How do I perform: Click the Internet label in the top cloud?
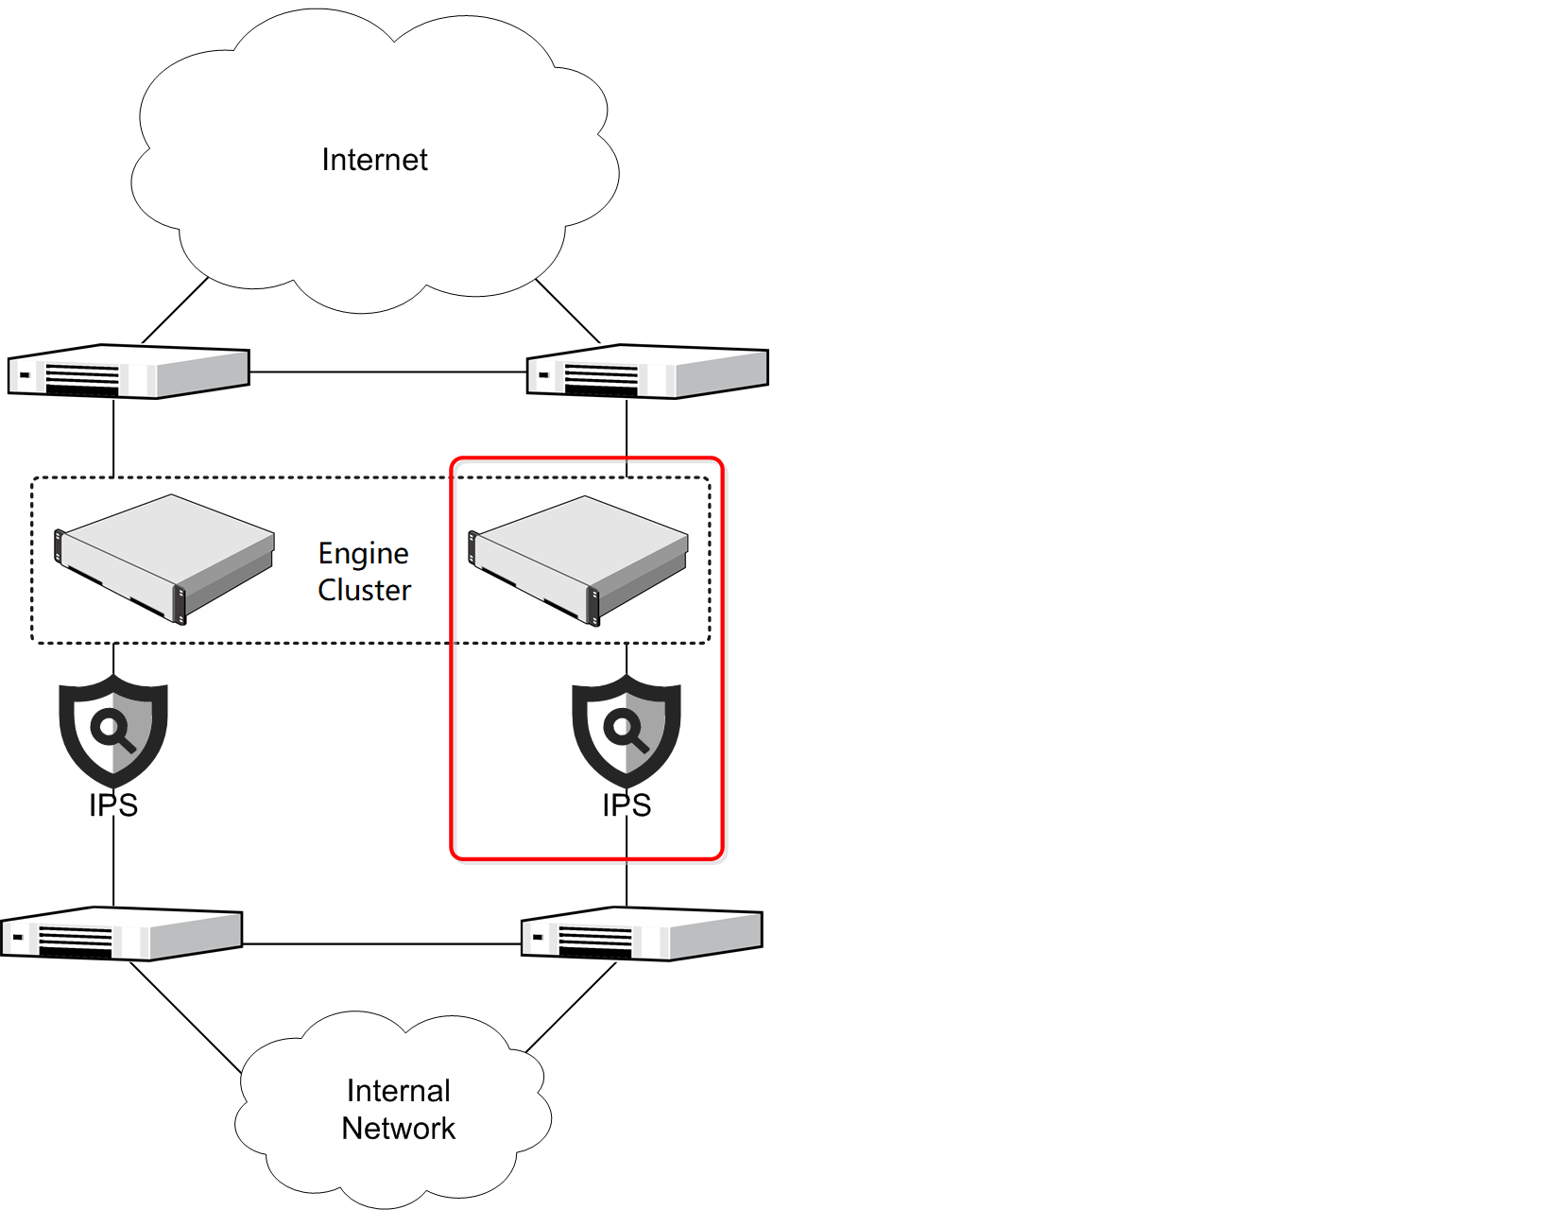(x=374, y=160)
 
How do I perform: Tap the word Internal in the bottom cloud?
(x=398, y=1091)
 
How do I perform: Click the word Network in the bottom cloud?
(x=398, y=1129)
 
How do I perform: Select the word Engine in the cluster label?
(x=363, y=554)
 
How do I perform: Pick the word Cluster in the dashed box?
(x=364, y=591)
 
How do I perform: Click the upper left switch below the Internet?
(x=129, y=372)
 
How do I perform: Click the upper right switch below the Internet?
(x=647, y=372)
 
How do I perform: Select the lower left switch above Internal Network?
(x=122, y=934)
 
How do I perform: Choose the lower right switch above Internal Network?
(x=642, y=934)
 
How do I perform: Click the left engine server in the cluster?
(x=165, y=558)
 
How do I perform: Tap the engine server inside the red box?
(x=578, y=560)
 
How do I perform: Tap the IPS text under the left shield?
(x=113, y=805)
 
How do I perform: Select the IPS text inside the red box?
(x=627, y=805)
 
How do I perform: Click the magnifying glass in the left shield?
(x=112, y=729)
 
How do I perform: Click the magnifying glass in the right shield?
(x=626, y=729)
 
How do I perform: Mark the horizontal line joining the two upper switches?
(x=387, y=372)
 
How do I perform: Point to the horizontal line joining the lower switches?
(x=382, y=943)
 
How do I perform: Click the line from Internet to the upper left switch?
(x=176, y=310)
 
